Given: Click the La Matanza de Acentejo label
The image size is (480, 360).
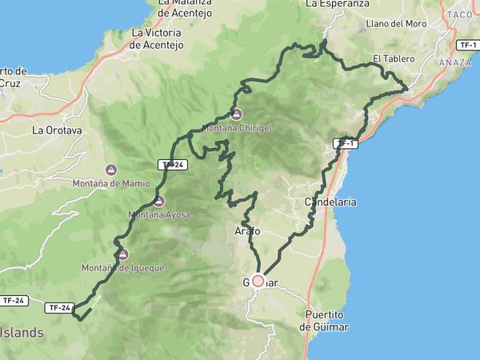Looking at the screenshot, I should [184, 7].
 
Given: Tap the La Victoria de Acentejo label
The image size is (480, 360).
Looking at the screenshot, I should [157, 39].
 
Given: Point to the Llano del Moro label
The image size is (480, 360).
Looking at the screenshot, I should [395, 24].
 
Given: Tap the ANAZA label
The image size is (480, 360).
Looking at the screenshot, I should [454, 62].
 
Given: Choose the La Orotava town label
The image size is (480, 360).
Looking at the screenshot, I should [57, 130].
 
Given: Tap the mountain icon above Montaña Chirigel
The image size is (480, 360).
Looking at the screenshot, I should [237, 114].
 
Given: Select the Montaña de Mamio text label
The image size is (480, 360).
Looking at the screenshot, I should [111, 183].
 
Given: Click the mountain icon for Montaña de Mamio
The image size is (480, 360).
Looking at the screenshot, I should [111, 170].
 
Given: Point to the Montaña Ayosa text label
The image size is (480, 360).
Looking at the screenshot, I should [158, 215].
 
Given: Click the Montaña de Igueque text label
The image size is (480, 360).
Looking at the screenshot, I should [123, 268].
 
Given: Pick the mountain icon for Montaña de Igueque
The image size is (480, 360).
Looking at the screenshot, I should [122, 254].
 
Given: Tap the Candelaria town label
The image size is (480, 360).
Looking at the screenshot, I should [330, 203].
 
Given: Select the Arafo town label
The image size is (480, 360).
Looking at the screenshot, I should [247, 231].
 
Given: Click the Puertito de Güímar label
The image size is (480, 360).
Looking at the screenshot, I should [327, 321].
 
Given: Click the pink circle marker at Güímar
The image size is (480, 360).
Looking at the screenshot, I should [258, 281].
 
